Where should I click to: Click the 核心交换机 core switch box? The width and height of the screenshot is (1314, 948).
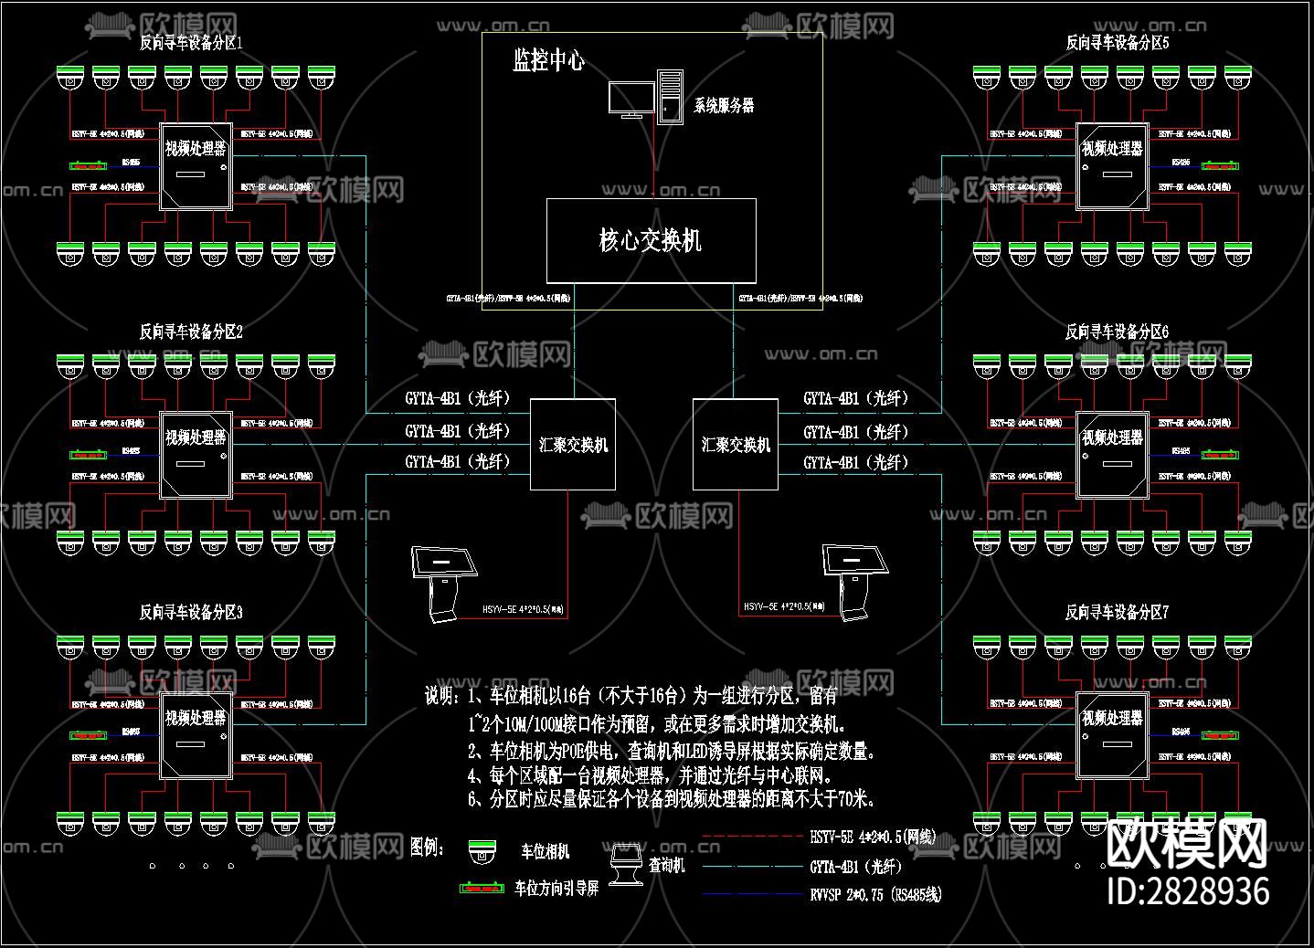651,240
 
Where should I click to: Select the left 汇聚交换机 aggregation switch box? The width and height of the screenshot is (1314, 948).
573,445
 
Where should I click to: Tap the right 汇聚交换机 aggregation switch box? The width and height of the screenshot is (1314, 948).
736,445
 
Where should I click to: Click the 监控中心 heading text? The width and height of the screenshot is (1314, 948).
548,61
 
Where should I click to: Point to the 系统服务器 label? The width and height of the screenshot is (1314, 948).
724,105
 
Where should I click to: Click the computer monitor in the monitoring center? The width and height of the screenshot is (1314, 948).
631,100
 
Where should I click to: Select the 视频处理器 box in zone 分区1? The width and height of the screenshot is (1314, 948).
196,166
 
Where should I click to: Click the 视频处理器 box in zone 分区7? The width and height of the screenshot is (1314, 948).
1112,735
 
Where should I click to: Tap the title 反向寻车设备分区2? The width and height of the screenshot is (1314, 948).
191,332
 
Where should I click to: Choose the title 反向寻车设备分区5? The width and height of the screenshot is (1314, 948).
1118,42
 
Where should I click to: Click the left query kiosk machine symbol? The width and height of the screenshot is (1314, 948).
445,582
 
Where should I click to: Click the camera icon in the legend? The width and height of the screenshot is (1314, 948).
482,852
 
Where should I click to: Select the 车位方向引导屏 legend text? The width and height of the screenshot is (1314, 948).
556,888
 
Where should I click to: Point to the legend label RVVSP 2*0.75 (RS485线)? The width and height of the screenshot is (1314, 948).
875,895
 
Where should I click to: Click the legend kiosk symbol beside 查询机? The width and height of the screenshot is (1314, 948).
626,865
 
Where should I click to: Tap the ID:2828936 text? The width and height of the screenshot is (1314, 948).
1188,890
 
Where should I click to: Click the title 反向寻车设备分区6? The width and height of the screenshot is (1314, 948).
1117,332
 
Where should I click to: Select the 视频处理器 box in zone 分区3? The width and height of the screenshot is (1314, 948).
196,735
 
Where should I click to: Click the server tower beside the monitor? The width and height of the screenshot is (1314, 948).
670,98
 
